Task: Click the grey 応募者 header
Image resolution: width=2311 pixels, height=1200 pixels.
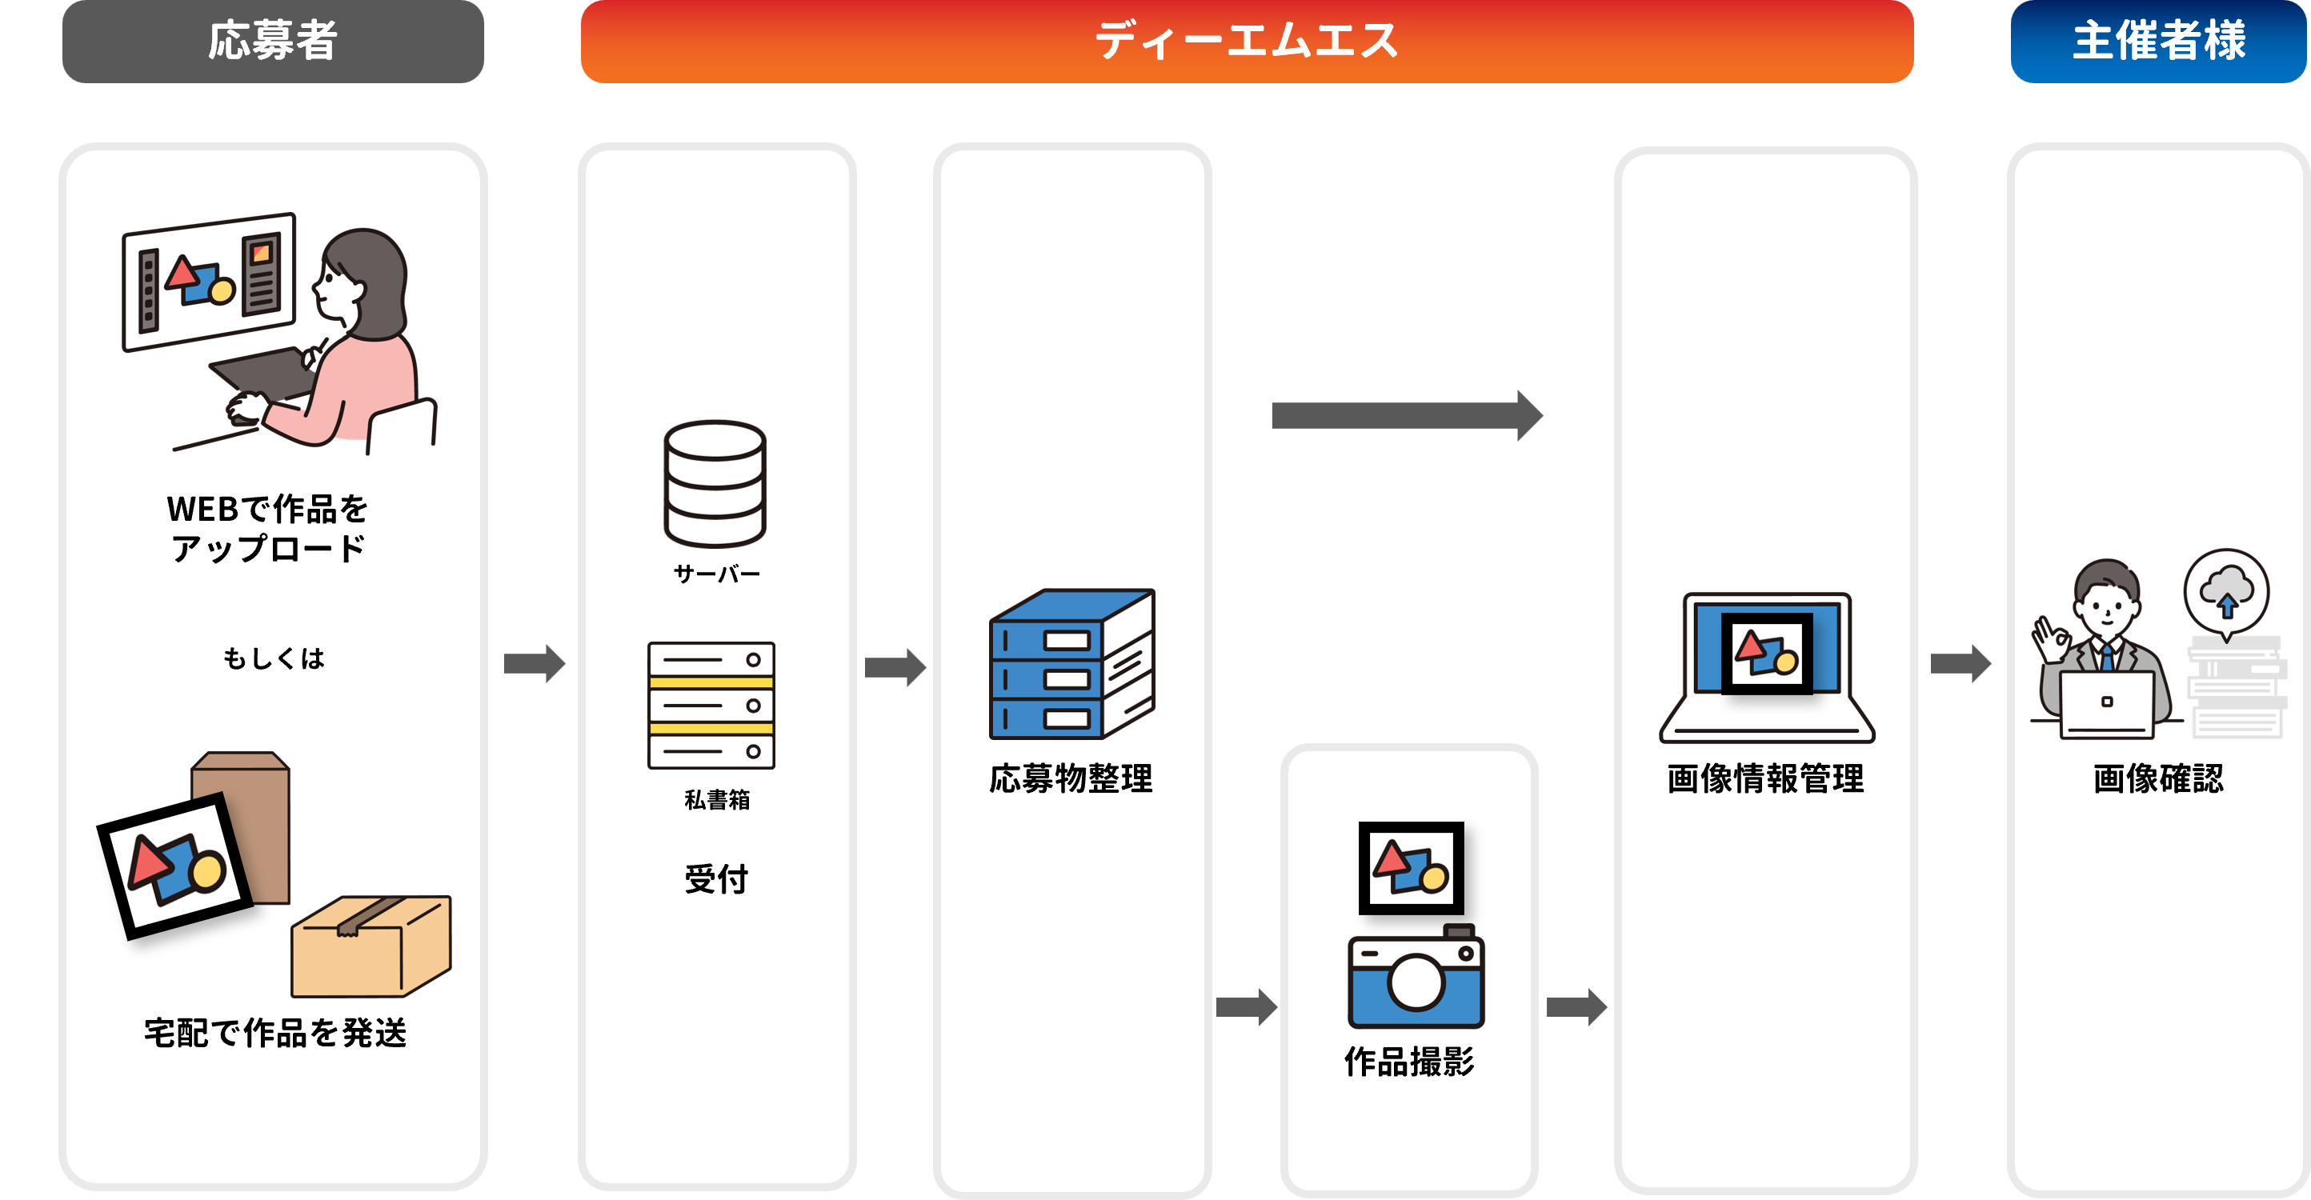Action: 273,42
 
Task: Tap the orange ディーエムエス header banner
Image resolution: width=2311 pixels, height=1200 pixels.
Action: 1246,42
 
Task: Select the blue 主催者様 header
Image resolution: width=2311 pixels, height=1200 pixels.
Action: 2158,42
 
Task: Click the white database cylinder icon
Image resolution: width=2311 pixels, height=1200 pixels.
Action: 714,483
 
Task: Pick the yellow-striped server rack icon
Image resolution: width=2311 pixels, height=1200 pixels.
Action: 711,705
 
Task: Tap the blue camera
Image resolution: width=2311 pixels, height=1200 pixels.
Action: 1416,980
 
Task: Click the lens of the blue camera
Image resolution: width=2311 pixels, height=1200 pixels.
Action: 1416,982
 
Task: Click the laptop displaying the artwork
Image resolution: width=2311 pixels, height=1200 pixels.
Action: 1766,668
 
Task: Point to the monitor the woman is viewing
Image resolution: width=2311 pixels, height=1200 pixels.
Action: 208,281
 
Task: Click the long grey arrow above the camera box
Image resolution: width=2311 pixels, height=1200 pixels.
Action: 1406,415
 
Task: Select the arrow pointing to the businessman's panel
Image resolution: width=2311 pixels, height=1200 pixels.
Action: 1961,664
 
